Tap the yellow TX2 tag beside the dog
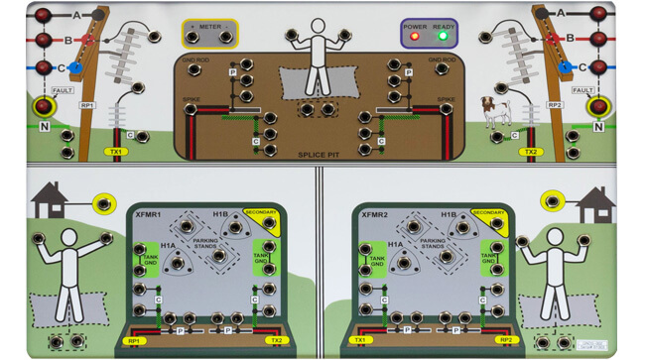tap(532, 153)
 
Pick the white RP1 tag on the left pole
tap(87, 104)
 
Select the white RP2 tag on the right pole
tap(557, 104)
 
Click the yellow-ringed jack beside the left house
tap(101, 204)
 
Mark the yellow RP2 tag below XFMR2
tap(506, 339)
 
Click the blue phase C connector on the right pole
tap(566, 67)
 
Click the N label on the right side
tap(599, 127)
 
